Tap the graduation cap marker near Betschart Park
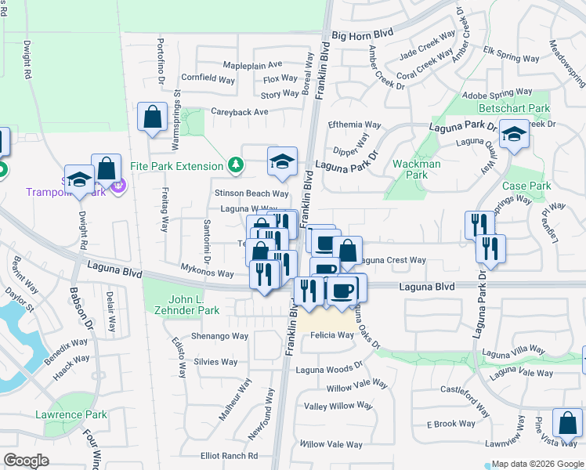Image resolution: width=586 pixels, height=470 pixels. [x=515, y=135]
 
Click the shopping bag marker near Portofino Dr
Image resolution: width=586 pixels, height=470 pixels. [x=152, y=117]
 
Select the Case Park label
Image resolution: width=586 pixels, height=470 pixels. [x=526, y=186]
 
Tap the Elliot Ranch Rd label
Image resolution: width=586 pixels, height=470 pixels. [x=229, y=455]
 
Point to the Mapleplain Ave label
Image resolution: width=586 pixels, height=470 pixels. [x=252, y=64]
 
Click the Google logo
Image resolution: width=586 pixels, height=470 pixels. [x=26, y=460]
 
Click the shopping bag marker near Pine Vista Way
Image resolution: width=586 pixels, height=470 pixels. [x=566, y=424]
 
